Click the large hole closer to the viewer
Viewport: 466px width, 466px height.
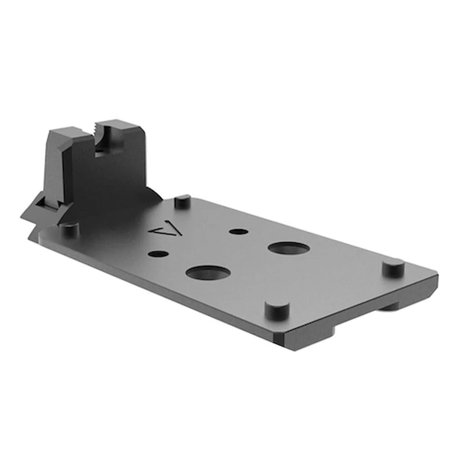pyautogui.click(x=207, y=273)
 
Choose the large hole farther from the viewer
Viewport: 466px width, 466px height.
pyautogui.click(x=289, y=248)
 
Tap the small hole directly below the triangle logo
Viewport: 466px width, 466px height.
pyautogui.click(x=159, y=254)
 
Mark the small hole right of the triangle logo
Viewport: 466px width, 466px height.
pyautogui.click(x=239, y=231)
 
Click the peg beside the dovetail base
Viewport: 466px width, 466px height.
pyautogui.click(x=69, y=229)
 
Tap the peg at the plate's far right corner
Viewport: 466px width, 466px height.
pyautogui.click(x=394, y=267)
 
